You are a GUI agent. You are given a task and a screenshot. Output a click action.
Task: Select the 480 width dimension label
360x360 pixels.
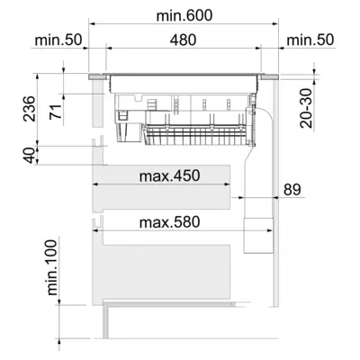click(183, 40)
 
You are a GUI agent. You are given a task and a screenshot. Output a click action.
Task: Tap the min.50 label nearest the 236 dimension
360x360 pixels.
click(60, 40)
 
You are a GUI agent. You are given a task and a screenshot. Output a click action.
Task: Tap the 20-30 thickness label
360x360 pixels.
click(307, 106)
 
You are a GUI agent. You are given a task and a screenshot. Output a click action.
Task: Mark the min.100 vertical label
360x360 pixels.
click(52, 268)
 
